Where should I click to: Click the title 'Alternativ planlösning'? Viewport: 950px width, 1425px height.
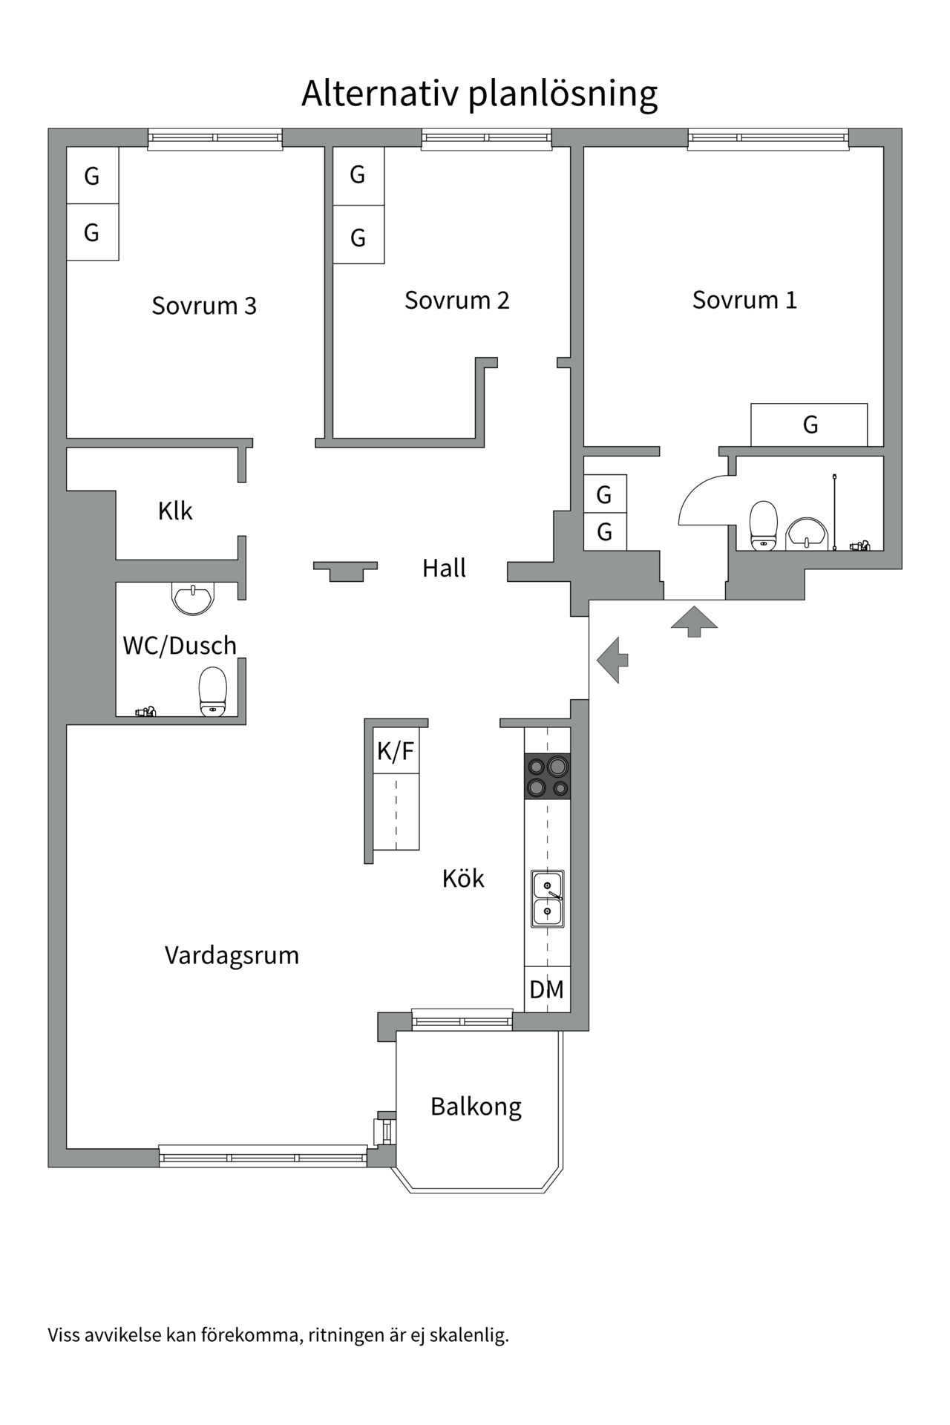point(479,94)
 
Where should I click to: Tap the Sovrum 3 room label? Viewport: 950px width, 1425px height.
point(204,306)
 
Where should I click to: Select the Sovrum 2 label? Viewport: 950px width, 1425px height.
point(456,300)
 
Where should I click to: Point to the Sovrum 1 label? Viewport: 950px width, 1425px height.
point(744,300)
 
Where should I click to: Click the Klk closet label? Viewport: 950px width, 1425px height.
point(175,511)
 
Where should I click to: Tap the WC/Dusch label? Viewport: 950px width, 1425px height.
point(180,645)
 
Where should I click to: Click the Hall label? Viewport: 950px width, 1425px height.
point(444,568)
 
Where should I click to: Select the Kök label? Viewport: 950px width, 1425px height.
point(462,878)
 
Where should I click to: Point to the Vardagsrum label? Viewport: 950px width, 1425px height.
point(232,954)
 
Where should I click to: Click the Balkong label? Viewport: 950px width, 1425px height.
point(476,1106)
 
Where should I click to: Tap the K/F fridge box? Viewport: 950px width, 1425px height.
point(396,751)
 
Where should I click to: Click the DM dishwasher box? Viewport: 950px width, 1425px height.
point(547,989)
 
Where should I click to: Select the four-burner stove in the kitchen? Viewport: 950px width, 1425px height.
point(548,776)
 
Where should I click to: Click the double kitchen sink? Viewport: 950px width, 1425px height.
point(548,898)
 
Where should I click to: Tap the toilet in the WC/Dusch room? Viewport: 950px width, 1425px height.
point(213,691)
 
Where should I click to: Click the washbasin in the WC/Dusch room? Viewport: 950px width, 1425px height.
point(193,597)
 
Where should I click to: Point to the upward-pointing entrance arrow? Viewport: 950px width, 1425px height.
point(694,621)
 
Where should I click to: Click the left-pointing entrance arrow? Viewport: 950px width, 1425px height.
point(612,660)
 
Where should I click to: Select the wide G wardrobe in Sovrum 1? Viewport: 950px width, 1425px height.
point(809,425)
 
